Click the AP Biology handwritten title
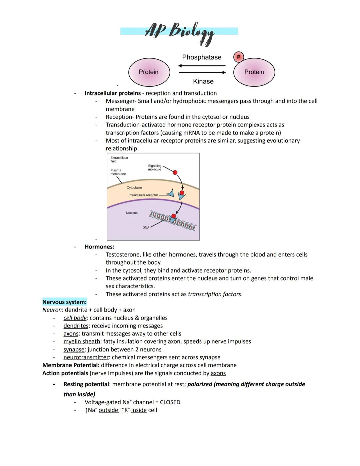(x=179, y=32)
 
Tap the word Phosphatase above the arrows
(x=202, y=57)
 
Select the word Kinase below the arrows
(x=203, y=81)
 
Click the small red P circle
(x=238, y=57)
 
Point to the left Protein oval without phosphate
(x=149, y=72)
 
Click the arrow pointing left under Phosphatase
(x=202, y=66)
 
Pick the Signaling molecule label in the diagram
(x=155, y=167)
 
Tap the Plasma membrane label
(x=118, y=172)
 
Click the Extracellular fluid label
(x=119, y=159)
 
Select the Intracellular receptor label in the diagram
(x=143, y=195)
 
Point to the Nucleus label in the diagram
(x=132, y=213)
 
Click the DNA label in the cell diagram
(x=146, y=227)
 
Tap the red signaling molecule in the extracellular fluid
(x=175, y=172)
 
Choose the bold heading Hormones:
(x=99, y=247)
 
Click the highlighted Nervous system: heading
(x=64, y=302)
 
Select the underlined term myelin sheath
(x=82, y=342)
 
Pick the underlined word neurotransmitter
(x=86, y=357)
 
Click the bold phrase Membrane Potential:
(x=71, y=365)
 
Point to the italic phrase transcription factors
(x=214, y=294)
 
